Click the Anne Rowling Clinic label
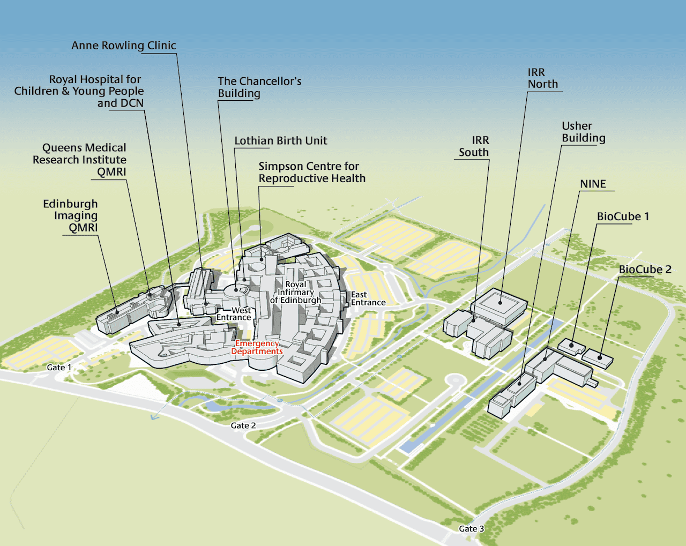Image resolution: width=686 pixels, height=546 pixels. coord(124,46)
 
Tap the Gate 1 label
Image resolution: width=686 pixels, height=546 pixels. coord(59,368)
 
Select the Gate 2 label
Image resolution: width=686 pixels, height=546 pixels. coord(243,425)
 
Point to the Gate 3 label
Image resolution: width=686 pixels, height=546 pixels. coord(471,529)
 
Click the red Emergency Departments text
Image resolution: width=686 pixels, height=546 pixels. coord(257,347)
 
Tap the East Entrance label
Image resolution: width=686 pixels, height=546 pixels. coord(368,298)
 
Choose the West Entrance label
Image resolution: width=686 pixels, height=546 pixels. coord(234,314)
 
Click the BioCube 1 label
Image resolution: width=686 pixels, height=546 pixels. coord(623,216)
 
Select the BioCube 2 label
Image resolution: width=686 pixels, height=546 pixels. coord(645,270)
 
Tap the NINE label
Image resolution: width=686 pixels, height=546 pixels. coord(593,184)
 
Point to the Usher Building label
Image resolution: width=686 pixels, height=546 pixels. coord(583,132)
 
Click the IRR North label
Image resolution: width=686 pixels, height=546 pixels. coord(542,78)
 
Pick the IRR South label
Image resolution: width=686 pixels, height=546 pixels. coord(474,146)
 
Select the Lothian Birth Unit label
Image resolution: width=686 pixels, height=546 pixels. coord(280,141)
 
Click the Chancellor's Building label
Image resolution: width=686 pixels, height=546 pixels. coord(259,87)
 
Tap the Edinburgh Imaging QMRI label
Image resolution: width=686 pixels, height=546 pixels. coord(71,215)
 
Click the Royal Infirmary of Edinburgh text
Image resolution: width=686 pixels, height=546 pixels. coord(296,292)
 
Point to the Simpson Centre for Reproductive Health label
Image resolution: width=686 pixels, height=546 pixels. coord(312,173)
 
